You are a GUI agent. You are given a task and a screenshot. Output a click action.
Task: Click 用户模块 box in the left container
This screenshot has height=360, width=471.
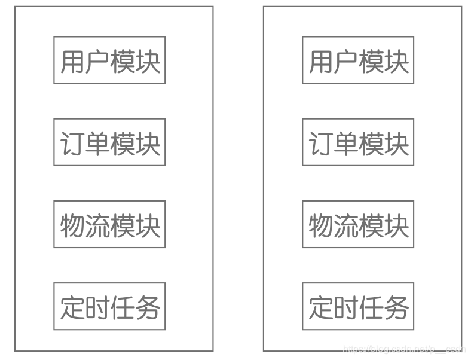[x=109, y=60]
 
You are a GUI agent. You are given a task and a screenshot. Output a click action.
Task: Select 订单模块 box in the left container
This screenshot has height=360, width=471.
[x=109, y=142]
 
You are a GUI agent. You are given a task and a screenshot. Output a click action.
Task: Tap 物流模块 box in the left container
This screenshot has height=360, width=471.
[x=109, y=225]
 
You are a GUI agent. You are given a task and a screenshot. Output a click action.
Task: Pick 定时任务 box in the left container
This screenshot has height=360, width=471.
[x=109, y=307]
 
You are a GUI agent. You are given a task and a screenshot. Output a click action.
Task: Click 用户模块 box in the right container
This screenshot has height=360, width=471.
[x=358, y=60]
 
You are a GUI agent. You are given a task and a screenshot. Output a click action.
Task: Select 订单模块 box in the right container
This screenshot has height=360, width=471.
[x=358, y=142]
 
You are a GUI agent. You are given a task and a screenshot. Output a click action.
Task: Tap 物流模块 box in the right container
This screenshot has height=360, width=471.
[x=358, y=225]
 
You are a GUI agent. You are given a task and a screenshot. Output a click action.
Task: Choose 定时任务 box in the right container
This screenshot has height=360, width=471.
[x=358, y=307]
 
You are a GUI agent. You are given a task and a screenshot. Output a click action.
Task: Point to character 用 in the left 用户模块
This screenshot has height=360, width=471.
[x=72, y=61]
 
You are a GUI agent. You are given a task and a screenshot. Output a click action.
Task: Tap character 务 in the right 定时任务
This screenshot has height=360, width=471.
[x=396, y=307]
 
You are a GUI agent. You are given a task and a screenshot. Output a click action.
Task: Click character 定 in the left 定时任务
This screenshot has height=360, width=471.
[x=72, y=307]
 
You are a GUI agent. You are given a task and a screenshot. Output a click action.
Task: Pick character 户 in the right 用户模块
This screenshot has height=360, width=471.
[x=345, y=61]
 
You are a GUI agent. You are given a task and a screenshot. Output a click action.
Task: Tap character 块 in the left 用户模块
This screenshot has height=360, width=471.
[x=148, y=61]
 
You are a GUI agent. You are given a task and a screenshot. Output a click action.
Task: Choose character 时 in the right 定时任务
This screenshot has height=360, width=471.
[x=345, y=307]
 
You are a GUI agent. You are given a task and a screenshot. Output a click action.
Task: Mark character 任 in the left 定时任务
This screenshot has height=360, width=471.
[x=123, y=307]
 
